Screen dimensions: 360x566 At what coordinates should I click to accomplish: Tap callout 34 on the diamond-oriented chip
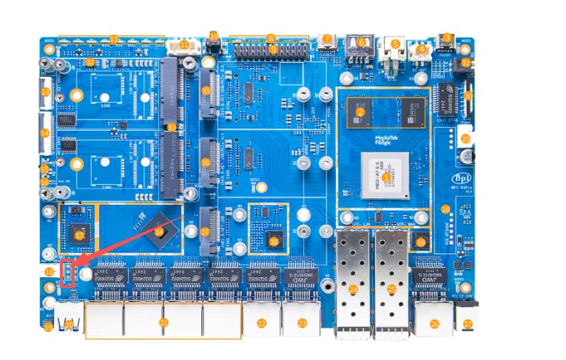click(x=160, y=231)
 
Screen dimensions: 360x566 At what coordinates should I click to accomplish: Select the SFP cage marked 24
click(x=353, y=289)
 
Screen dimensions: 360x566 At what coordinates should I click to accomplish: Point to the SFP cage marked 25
click(x=392, y=289)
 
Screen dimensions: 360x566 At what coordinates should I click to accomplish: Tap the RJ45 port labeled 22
click(x=261, y=322)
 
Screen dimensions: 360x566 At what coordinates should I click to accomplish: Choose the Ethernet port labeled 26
click(x=434, y=322)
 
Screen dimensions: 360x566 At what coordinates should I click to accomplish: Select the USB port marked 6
click(x=361, y=43)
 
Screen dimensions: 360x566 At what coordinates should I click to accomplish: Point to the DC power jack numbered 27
click(x=468, y=322)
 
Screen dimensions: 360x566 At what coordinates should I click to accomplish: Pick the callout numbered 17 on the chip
click(x=113, y=38)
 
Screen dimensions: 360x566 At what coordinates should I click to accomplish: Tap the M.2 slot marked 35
click(x=206, y=91)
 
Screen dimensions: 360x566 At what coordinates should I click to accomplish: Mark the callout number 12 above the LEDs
click(x=113, y=38)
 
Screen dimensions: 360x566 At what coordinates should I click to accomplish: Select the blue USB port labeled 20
click(x=69, y=323)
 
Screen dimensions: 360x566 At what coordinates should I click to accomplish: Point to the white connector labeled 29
click(x=465, y=137)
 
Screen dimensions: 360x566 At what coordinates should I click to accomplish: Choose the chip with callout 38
click(x=274, y=240)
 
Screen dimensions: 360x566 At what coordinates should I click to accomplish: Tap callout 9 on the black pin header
click(x=273, y=50)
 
